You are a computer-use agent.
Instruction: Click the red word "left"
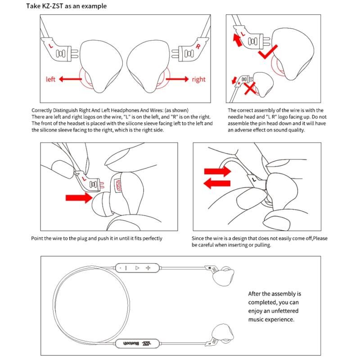pyautogui.click(x=51, y=80)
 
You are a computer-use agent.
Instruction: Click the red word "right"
pyautogui.click(x=198, y=80)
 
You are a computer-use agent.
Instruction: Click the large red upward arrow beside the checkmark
pyautogui.click(x=237, y=40)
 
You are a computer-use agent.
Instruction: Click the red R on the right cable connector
pyautogui.click(x=198, y=46)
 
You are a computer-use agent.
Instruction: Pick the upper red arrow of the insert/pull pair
pyautogui.click(x=217, y=171)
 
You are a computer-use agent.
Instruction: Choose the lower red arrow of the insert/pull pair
pyautogui.click(x=217, y=183)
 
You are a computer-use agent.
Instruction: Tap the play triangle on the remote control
pyautogui.click(x=137, y=268)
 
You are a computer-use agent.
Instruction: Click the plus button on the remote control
pyautogui.click(x=148, y=268)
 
